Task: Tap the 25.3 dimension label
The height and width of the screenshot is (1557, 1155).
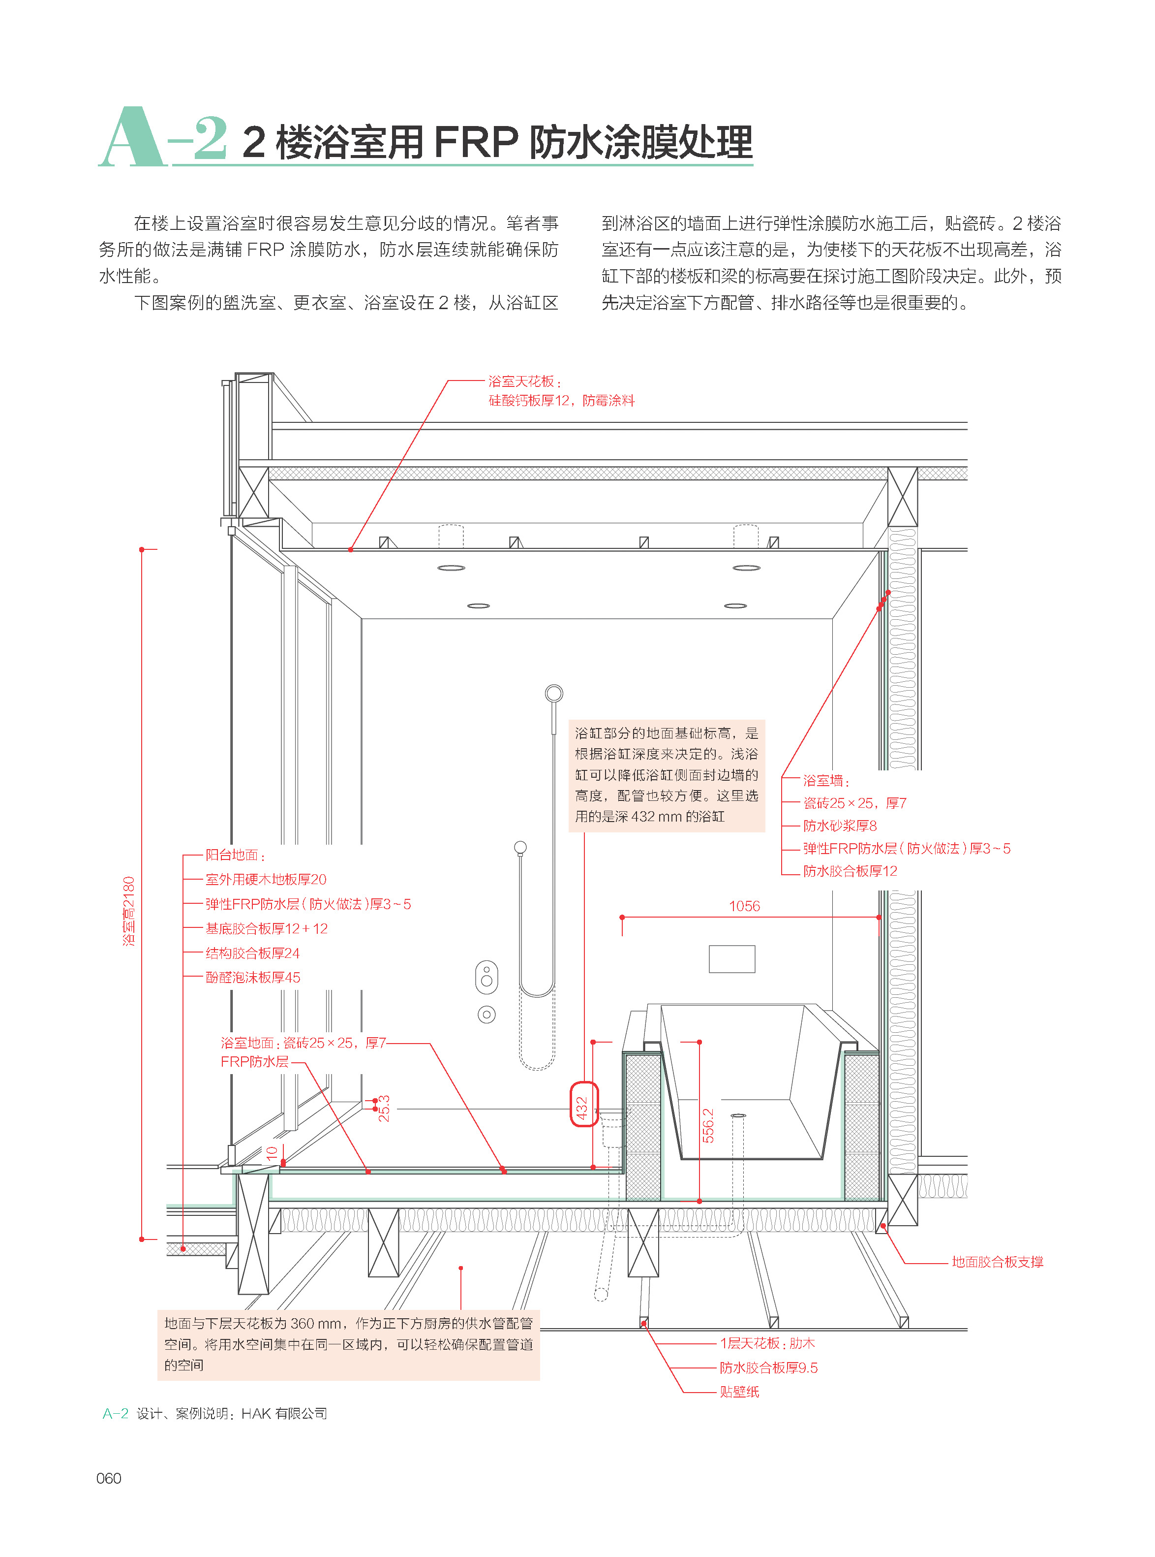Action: (384, 1109)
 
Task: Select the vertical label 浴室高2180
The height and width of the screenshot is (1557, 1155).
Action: (129, 911)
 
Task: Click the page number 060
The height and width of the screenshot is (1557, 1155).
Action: (109, 1478)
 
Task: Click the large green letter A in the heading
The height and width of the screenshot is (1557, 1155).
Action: (131, 138)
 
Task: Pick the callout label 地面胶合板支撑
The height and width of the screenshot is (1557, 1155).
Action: (997, 1262)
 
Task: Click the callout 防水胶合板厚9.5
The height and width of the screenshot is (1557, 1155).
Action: (768, 1367)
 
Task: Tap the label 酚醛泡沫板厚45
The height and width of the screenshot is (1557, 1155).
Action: (252, 977)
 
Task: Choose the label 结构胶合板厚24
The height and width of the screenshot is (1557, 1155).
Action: (252, 953)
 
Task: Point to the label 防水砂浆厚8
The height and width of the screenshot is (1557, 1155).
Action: (840, 826)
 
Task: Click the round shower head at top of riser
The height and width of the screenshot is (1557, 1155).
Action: (554, 693)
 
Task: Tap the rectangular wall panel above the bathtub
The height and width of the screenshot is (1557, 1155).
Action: (732, 959)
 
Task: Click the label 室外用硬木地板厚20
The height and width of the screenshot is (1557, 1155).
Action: (266, 879)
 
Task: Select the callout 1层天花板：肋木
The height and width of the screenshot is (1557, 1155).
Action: (767, 1343)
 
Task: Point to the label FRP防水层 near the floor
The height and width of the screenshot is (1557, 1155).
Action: (254, 1062)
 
